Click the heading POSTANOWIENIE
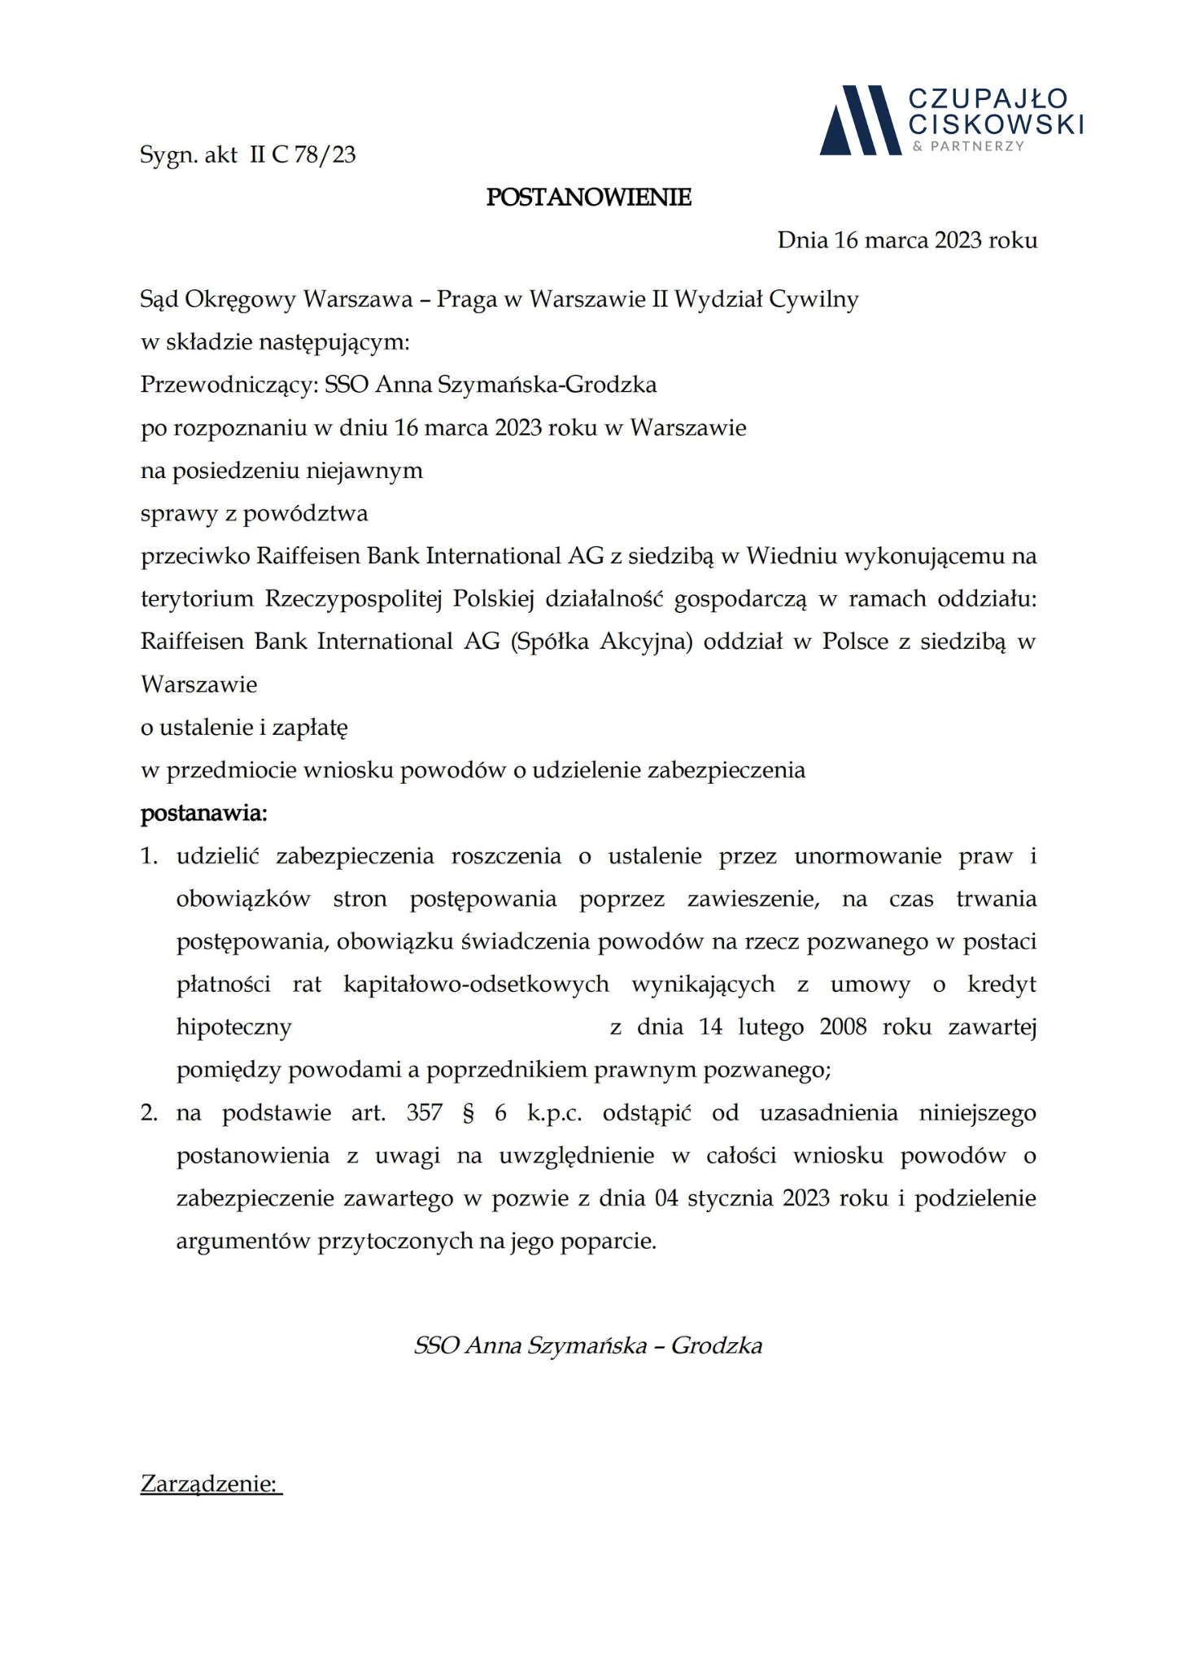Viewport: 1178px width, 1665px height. coord(588,197)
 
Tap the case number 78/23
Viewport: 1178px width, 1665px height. coord(325,154)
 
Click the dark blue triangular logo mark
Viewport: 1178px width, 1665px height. coord(860,120)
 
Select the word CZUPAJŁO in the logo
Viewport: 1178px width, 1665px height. coord(988,99)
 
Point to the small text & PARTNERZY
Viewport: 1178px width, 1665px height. coord(967,146)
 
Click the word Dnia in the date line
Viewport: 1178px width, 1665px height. coord(802,240)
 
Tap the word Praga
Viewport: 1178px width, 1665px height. coord(466,299)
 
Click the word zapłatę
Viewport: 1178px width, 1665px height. coord(310,727)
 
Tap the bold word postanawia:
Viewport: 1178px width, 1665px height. coord(204,812)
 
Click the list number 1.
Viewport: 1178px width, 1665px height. coord(149,856)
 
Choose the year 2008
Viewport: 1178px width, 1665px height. coord(843,1027)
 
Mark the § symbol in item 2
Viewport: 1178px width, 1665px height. coord(468,1112)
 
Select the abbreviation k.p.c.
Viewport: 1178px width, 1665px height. coord(554,1112)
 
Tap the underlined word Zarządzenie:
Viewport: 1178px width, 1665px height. coord(211,1484)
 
